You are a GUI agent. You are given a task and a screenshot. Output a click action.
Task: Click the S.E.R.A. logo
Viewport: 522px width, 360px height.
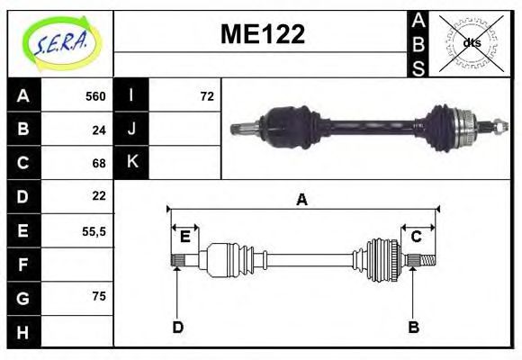pyautogui.click(x=60, y=42)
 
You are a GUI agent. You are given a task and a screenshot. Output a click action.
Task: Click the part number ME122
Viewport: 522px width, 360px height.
pyautogui.click(x=262, y=34)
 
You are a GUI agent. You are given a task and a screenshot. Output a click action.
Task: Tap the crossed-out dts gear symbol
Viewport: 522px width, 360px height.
pyautogui.click(x=471, y=42)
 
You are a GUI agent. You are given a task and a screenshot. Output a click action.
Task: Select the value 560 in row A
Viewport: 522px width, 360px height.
pyautogui.click(x=95, y=96)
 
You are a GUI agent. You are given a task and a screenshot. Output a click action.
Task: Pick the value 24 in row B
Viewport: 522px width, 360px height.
pyautogui.click(x=99, y=130)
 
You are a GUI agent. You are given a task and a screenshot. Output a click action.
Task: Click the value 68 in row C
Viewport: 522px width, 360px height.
pyautogui.click(x=99, y=163)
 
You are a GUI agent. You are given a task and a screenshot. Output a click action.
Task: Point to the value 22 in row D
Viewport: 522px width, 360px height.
pyautogui.click(x=99, y=196)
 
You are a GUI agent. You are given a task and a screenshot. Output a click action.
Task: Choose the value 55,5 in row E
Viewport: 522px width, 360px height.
pyautogui.click(x=94, y=230)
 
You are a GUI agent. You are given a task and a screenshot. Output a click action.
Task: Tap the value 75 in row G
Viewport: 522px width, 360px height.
pyautogui.click(x=99, y=296)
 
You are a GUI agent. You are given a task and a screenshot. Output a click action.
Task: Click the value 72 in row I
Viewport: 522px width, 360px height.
pyautogui.click(x=207, y=96)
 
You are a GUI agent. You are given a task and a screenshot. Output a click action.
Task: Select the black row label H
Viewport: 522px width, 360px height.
pyautogui.click(x=23, y=330)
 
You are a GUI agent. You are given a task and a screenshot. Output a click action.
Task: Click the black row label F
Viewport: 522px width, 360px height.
pyautogui.click(x=23, y=264)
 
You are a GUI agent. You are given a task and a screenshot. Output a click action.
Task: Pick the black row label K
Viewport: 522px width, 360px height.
pyautogui.click(x=131, y=163)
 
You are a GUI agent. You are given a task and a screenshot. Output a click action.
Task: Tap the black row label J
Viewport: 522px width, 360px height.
pyautogui.click(x=131, y=130)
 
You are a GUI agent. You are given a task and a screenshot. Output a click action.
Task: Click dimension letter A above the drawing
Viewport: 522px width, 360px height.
pyautogui.click(x=302, y=200)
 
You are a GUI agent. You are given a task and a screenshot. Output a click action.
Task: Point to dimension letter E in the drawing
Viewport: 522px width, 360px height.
pyautogui.click(x=184, y=237)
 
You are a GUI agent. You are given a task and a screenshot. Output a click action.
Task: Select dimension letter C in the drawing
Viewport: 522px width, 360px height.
pyautogui.click(x=417, y=237)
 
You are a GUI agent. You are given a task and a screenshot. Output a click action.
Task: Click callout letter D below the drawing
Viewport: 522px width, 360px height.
pyautogui.click(x=178, y=328)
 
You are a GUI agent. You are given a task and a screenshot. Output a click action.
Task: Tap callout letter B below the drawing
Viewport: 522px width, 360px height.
pyautogui.click(x=413, y=328)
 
